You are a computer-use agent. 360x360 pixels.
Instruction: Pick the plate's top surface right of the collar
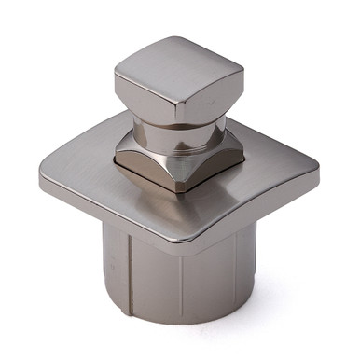(270, 168)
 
